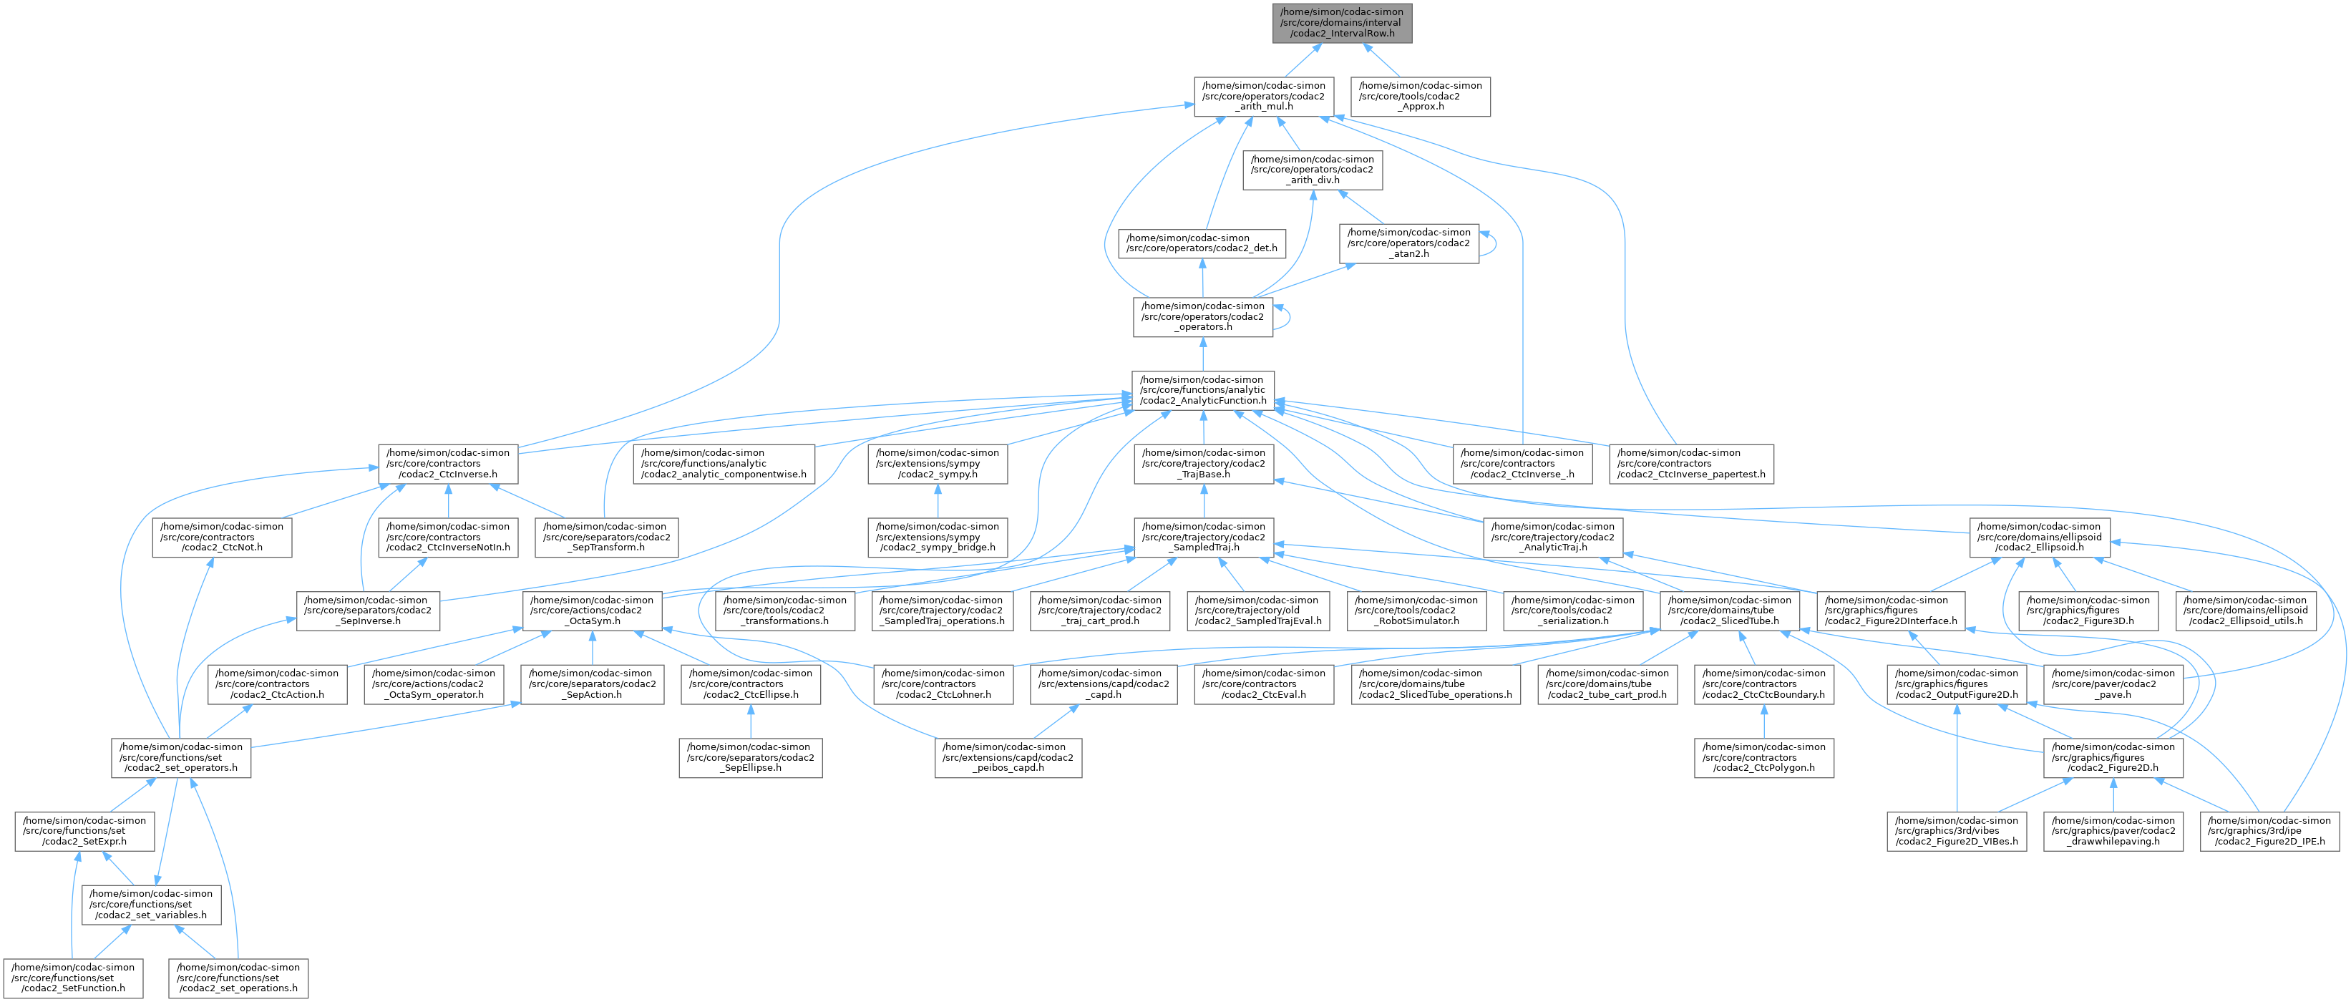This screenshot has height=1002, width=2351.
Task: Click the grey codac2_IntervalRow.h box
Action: point(1342,23)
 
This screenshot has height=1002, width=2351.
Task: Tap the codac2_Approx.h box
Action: point(1420,96)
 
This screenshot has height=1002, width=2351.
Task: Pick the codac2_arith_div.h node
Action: point(1313,170)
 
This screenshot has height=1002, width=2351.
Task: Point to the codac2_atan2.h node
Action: point(1409,243)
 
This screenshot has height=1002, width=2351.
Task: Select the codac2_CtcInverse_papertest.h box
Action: point(1691,464)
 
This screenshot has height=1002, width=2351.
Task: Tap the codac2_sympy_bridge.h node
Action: point(938,537)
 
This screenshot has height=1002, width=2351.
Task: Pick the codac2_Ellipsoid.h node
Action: point(2038,537)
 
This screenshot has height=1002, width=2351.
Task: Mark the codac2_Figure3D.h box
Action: point(2089,611)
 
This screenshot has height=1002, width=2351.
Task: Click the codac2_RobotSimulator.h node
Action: point(1412,611)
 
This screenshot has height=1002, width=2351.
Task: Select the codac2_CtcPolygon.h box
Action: point(1763,757)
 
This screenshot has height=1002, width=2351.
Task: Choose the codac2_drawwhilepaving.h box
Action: point(2113,830)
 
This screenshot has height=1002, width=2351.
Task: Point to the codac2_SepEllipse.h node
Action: point(750,757)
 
